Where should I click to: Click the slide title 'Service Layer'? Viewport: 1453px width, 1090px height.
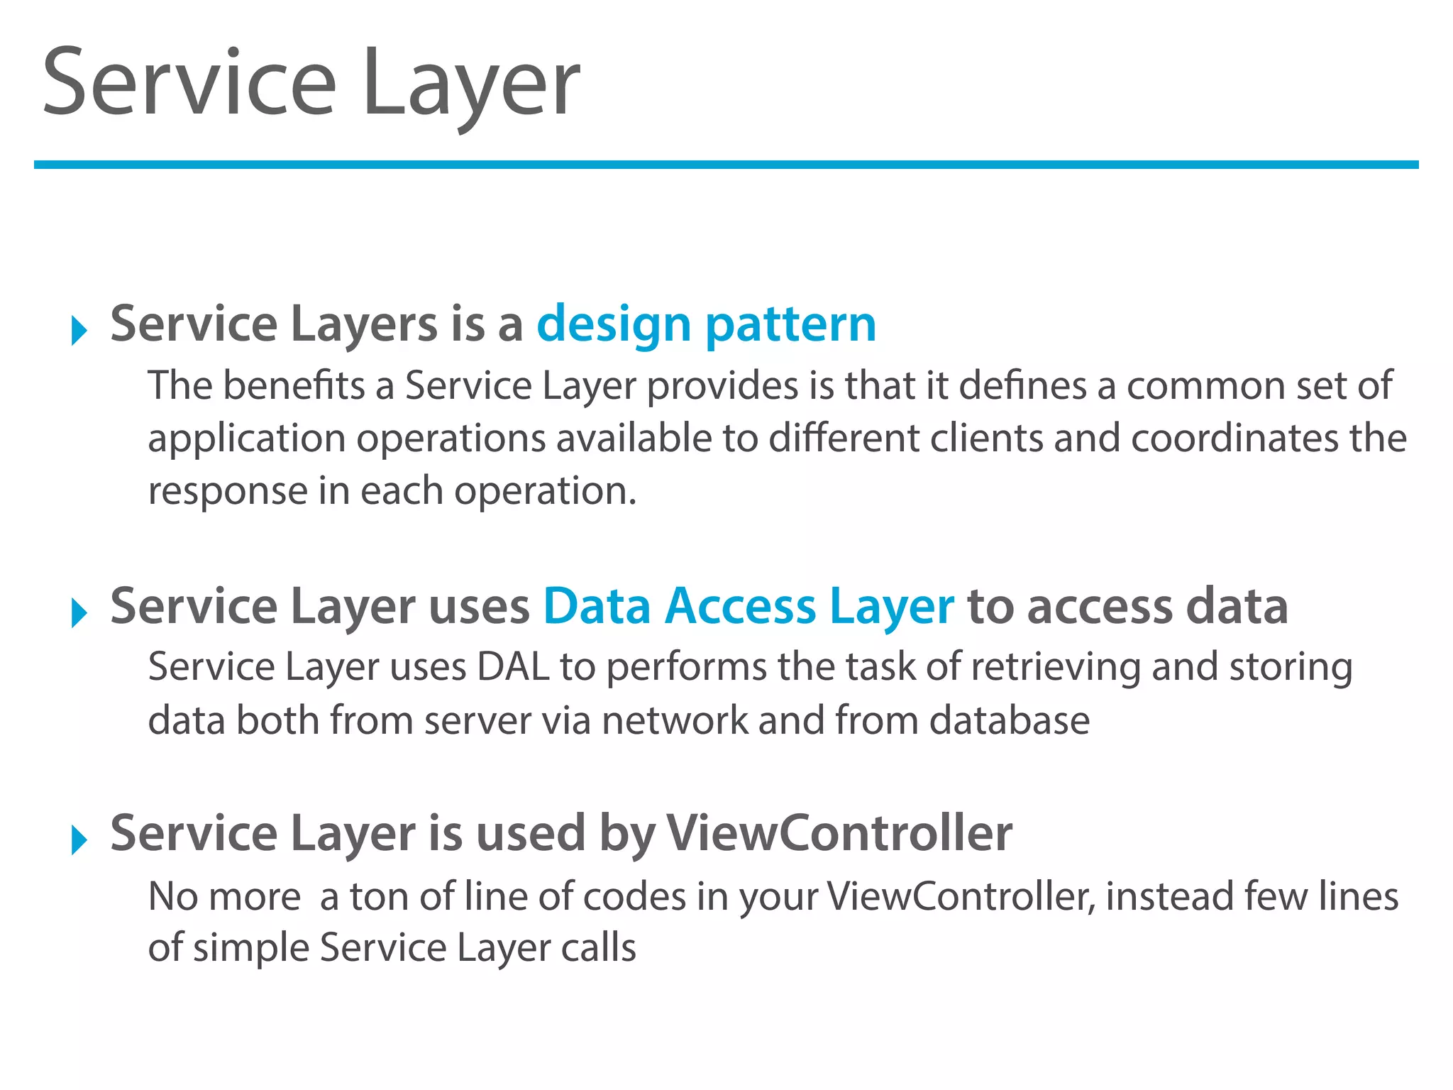[311, 84]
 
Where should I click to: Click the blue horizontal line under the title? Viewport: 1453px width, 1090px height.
[726, 165]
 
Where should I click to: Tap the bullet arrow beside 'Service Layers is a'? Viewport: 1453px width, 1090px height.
[79, 331]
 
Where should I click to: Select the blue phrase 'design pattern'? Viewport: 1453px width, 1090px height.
[707, 325]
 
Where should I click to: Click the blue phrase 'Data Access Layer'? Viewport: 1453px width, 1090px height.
[748, 607]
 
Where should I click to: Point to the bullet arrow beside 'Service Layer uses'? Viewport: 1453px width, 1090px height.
[79, 613]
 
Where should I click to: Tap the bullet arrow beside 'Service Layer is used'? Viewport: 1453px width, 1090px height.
[79, 840]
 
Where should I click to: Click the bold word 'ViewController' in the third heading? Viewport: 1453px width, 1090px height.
[839, 833]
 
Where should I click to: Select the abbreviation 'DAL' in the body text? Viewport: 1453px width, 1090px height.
[513, 668]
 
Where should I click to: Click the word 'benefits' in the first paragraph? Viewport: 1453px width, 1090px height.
[294, 386]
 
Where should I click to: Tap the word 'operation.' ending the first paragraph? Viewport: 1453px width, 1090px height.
[545, 491]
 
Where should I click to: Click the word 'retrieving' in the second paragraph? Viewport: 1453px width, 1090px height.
[1055, 668]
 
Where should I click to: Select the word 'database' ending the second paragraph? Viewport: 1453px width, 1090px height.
[1009, 721]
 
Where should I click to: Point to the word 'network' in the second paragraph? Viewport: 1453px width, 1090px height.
[674, 721]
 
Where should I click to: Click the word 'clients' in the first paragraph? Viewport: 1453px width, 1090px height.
[986, 439]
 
